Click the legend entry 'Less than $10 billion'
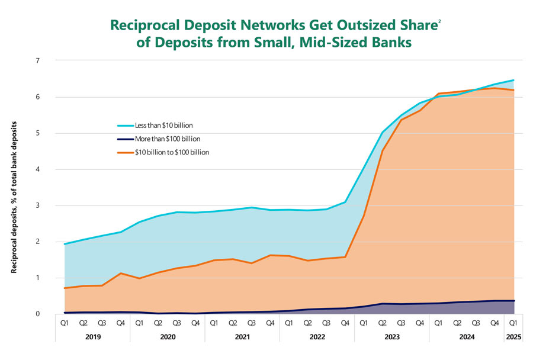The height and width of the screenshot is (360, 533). (163, 126)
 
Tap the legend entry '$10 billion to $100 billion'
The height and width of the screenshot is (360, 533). (172, 152)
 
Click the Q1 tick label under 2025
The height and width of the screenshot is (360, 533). (513, 323)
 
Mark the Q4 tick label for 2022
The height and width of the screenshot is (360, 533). (345, 323)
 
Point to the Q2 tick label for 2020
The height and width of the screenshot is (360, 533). (158, 323)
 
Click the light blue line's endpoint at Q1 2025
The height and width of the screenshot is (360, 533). (513, 80)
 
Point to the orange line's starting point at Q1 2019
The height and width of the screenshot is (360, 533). (65, 288)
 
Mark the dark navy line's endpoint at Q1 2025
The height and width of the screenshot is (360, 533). (513, 301)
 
